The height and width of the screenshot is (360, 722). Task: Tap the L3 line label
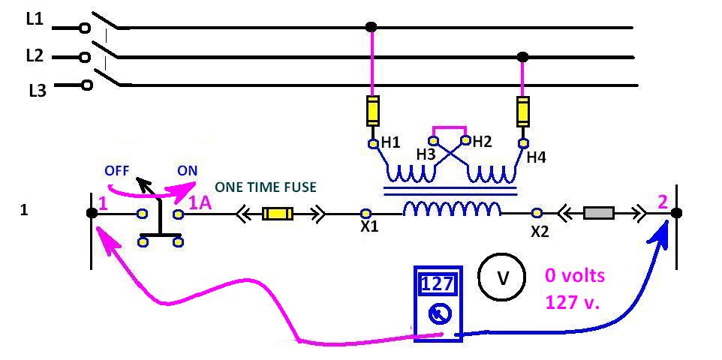(38, 91)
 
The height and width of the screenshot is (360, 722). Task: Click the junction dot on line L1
(371, 28)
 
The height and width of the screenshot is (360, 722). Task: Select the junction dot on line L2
(523, 57)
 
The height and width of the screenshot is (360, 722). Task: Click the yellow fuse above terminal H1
(372, 111)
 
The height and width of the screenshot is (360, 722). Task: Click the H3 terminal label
(426, 154)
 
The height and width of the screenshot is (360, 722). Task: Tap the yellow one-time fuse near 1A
(277, 214)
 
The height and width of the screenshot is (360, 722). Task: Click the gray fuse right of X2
(599, 213)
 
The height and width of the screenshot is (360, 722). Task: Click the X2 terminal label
(540, 232)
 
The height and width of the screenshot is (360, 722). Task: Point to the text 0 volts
(574, 276)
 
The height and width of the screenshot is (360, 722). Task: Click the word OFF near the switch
(118, 170)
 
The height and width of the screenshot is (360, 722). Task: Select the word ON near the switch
(188, 170)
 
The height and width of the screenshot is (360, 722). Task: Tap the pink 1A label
(199, 202)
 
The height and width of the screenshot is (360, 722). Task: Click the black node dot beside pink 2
(676, 213)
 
